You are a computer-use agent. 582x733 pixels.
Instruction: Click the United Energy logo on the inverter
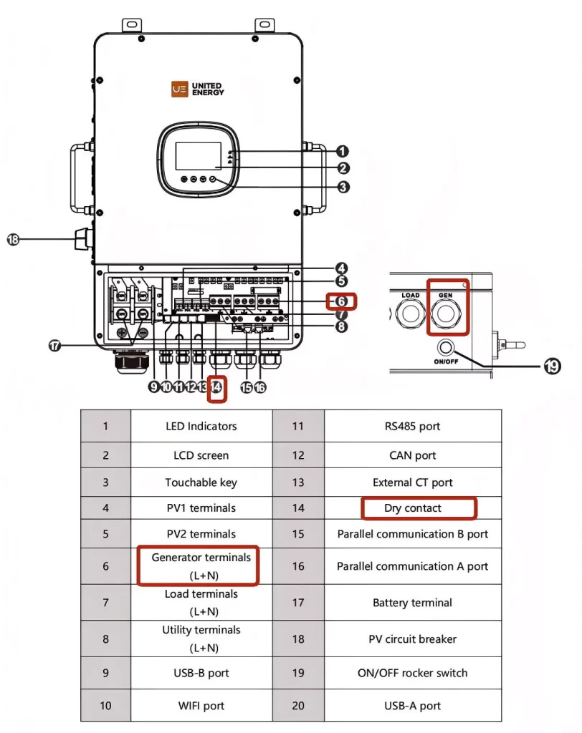(198, 89)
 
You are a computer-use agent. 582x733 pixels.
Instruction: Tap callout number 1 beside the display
(343, 152)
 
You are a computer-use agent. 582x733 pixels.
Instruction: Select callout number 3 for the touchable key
(343, 187)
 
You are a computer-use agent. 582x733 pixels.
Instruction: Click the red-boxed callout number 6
(341, 301)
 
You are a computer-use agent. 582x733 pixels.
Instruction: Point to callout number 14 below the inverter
(216, 387)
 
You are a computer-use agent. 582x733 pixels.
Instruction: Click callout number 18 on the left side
(13, 239)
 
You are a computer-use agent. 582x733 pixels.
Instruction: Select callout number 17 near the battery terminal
(54, 346)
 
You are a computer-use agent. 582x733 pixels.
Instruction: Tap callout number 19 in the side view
(552, 366)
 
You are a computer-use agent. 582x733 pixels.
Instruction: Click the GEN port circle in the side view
(445, 313)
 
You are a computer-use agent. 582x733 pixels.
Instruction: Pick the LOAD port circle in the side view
(410, 313)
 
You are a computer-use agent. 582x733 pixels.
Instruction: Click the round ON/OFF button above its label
(446, 347)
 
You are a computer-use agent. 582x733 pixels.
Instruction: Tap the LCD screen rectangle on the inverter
(198, 156)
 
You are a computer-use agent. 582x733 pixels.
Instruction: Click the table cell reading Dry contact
(413, 508)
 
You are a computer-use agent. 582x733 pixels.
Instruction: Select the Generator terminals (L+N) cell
(201, 566)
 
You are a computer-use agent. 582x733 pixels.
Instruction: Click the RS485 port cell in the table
(413, 427)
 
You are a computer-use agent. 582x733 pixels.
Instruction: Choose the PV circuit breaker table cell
(413, 639)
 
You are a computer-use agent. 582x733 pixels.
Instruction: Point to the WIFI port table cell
(201, 705)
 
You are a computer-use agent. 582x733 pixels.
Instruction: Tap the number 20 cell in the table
(298, 705)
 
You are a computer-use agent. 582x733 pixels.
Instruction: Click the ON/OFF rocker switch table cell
(413, 673)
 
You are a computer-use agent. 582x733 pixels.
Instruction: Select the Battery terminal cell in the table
(413, 603)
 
